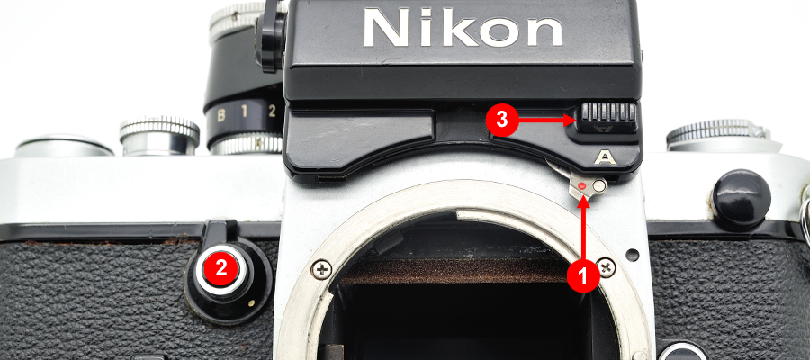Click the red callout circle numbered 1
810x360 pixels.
(583, 276)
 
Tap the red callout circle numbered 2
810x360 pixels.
(221, 268)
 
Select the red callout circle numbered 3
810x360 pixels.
(501, 121)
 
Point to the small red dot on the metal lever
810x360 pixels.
(582, 185)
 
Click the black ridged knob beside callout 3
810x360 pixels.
(607, 118)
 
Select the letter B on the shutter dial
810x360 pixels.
(220, 115)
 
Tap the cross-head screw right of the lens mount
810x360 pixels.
(606, 267)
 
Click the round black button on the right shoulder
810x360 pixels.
(742, 200)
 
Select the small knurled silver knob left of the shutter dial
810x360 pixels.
(159, 136)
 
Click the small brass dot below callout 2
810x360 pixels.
(252, 303)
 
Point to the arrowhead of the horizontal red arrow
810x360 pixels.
(571, 121)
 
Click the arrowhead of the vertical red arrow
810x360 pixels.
(583, 201)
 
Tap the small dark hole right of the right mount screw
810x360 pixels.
(633, 255)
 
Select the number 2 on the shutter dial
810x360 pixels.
(272, 110)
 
